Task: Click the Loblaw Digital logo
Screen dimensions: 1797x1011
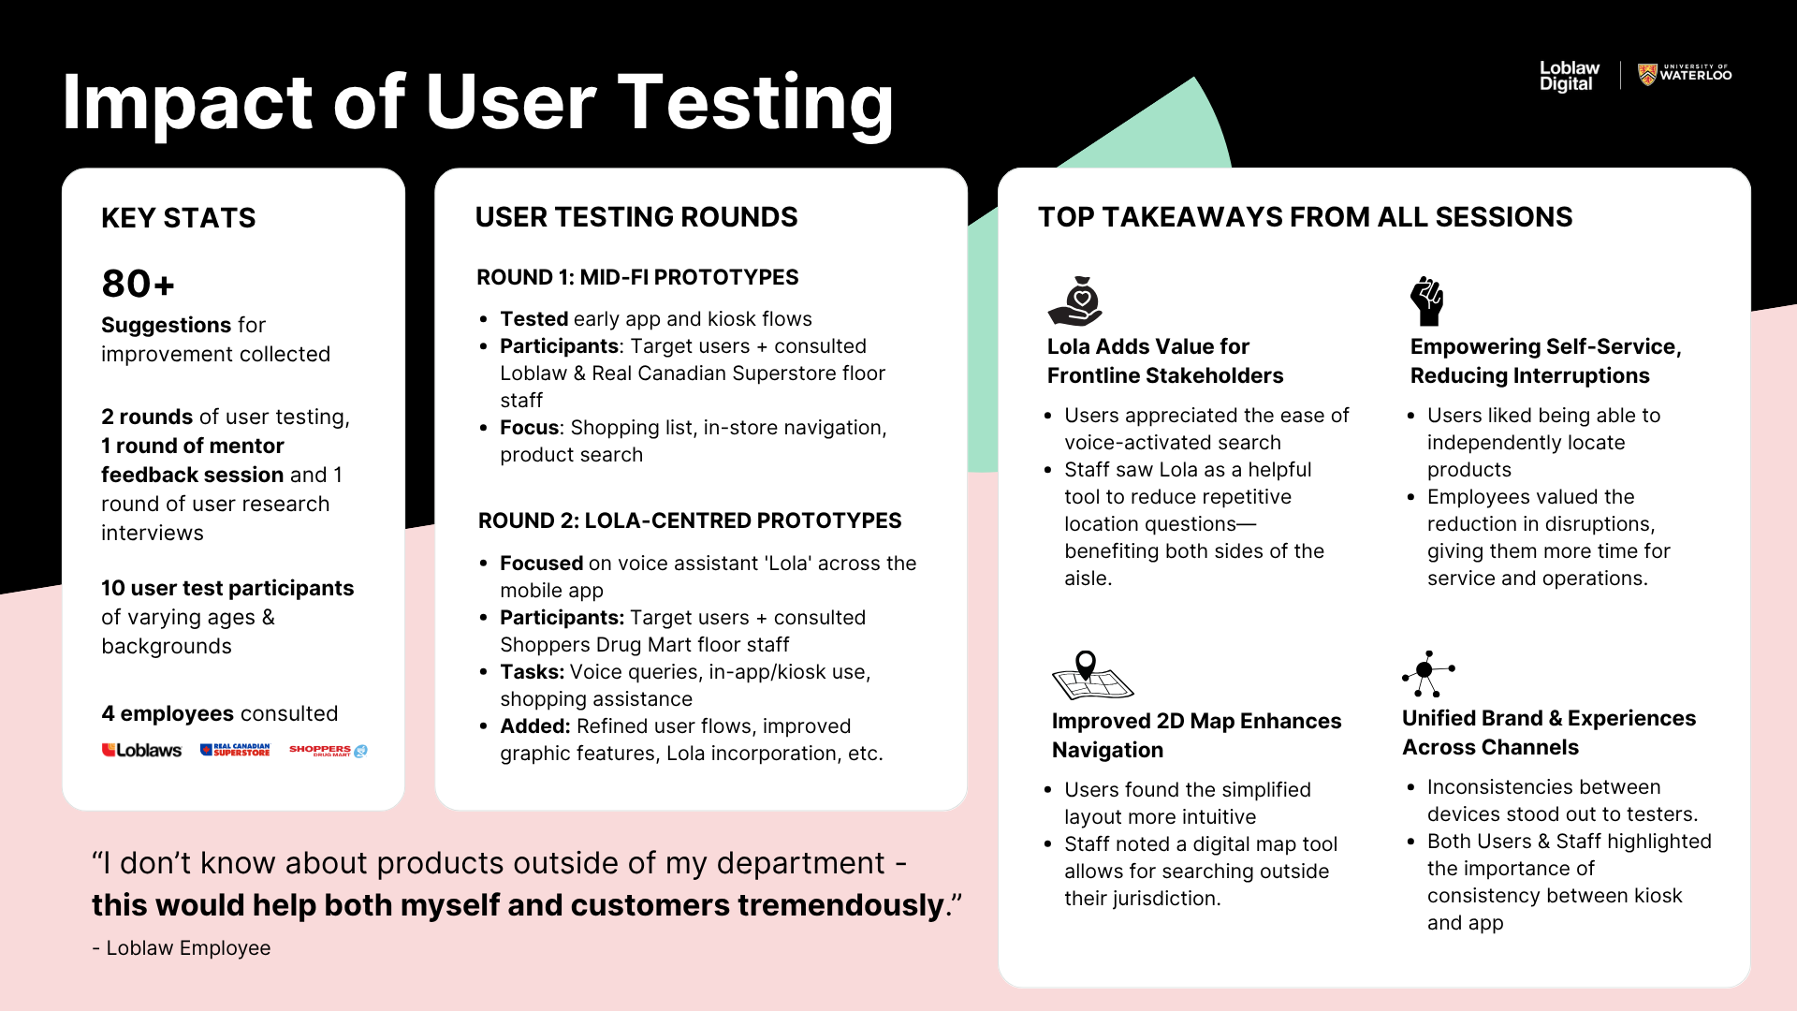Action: (x=1570, y=76)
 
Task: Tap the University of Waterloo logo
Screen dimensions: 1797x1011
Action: (x=1685, y=74)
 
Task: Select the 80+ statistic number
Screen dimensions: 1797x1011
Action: (x=139, y=284)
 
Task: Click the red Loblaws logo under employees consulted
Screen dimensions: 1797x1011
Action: (x=141, y=750)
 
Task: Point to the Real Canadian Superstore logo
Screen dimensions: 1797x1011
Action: (x=235, y=750)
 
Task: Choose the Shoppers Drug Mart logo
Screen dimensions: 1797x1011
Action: (x=329, y=750)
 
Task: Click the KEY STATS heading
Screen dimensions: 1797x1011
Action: (x=179, y=218)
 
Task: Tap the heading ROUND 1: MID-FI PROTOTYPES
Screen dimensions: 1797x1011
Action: (x=637, y=277)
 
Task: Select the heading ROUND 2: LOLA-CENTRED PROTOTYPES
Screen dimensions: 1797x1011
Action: (x=690, y=520)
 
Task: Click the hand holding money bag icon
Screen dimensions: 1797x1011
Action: (x=1075, y=300)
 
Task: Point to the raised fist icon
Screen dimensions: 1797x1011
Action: (x=1427, y=300)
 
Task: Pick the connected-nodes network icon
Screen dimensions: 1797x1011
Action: (x=1428, y=674)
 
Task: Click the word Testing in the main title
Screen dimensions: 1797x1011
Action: (x=756, y=103)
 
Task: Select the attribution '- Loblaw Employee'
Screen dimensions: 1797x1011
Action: (x=182, y=947)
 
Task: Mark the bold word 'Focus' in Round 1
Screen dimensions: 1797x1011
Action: (x=530, y=428)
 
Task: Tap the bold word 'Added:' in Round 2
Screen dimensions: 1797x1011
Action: (x=535, y=726)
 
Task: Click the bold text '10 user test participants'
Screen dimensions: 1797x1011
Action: (x=227, y=588)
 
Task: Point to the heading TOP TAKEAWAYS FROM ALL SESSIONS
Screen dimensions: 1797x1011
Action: (x=1306, y=217)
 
